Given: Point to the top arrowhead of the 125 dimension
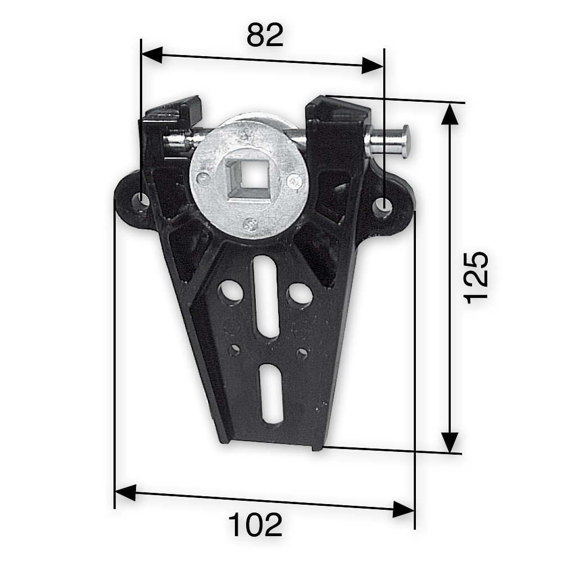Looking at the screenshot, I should (448, 114).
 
